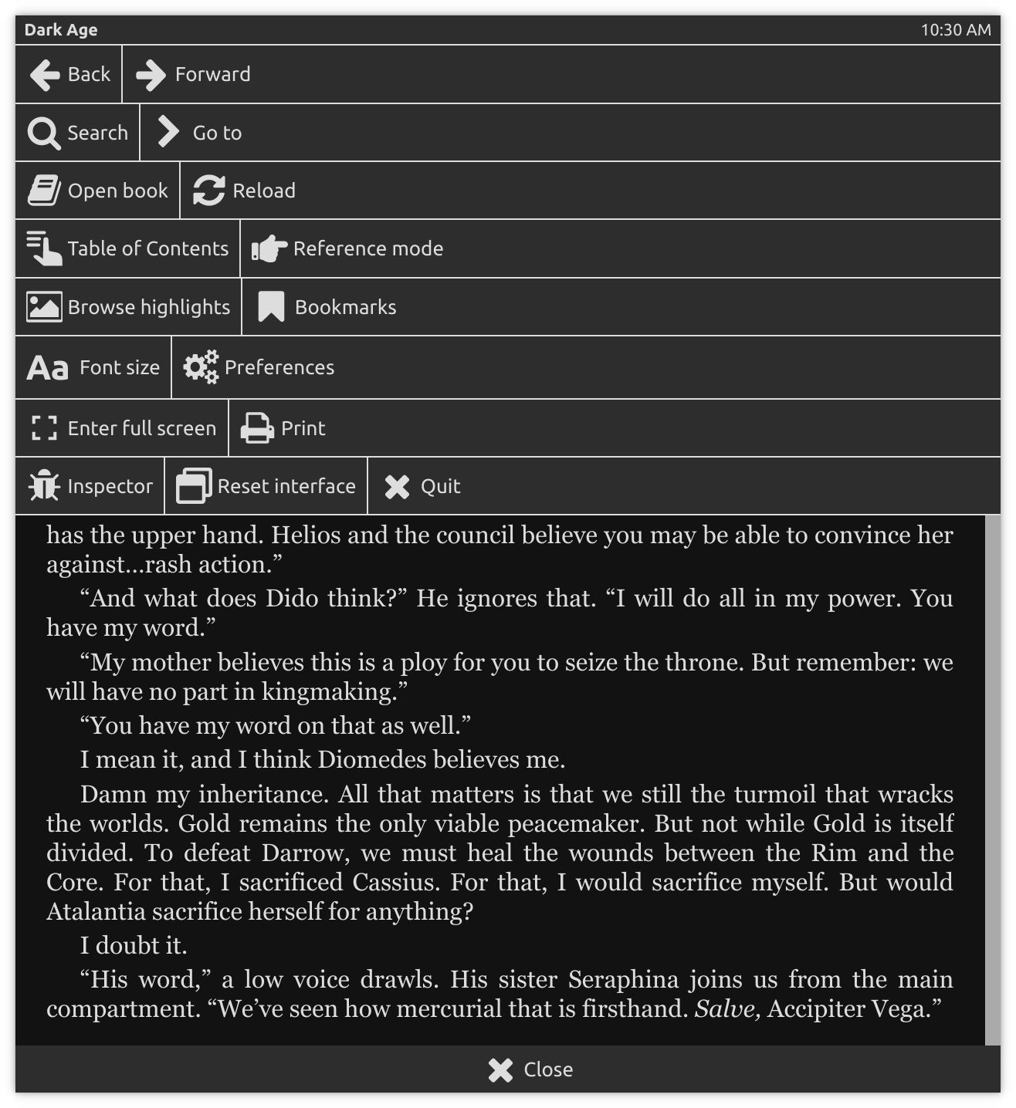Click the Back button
coord(69,74)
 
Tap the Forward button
coord(194,74)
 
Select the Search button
coord(78,133)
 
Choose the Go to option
coord(200,133)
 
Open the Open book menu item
coord(98,191)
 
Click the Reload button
coord(244,191)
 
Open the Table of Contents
coord(128,248)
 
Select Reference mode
coord(347,248)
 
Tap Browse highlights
coord(129,307)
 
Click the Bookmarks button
coord(327,307)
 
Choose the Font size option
coord(93,367)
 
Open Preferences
coord(259,367)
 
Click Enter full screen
coord(123,428)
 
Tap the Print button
coord(283,428)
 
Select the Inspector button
coord(90,486)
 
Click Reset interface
coord(266,486)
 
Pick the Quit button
coord(422,486)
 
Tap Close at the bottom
coord(530,1069)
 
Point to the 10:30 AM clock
coord(956,30)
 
